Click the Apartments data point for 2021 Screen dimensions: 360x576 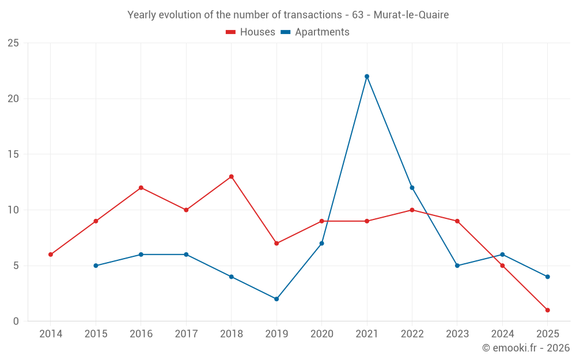point(367,76)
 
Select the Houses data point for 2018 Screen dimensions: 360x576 point(231,176)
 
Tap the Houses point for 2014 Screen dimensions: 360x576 point(51,255)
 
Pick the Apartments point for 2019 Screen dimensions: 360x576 point(276,299)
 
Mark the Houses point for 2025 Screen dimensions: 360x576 point(547,310)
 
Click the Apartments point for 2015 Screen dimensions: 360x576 point(96,266)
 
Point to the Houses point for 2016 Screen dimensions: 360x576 point(141,188)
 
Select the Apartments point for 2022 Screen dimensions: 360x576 point(412,188)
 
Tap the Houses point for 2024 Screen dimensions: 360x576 point(502,266)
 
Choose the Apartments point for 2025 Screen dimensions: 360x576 point(547,276)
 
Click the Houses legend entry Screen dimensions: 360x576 point(251,32)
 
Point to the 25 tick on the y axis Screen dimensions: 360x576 point(13,43)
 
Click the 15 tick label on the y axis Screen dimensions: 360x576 point(13,154)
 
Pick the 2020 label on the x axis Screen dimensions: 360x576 point(321,334)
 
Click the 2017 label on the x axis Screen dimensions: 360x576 point(186,334)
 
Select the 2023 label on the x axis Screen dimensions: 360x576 point(457,334)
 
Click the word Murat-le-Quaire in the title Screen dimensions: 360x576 point(411,14)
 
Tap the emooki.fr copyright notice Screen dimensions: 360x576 point(526,348)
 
